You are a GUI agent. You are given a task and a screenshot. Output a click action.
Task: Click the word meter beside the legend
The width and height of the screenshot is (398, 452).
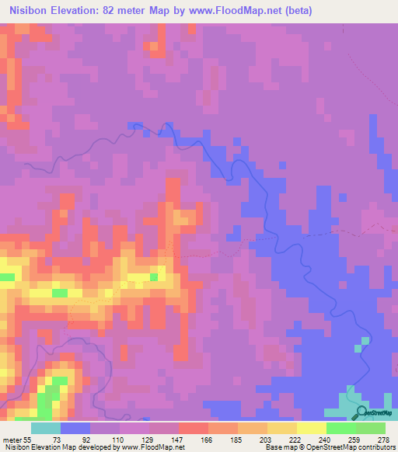click(x=12, y=439)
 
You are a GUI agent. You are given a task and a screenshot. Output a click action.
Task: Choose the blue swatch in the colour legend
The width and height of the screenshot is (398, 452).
click(x=75, y=428)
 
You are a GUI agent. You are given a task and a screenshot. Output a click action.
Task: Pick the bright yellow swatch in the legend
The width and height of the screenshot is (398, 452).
click(x=311, y=428)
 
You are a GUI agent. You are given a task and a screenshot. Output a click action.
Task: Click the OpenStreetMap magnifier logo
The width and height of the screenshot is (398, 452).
click(x=363, y=413)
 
